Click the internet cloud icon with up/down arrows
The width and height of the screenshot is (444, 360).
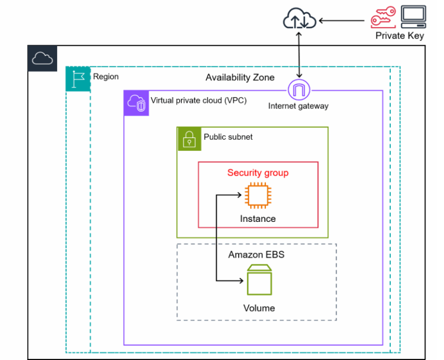[299, 18]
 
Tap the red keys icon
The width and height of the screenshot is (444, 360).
[383, 17]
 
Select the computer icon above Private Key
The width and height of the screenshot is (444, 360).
[413, 17]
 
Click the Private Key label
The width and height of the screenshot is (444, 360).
[399, 36]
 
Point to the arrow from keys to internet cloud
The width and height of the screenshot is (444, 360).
[342, 21]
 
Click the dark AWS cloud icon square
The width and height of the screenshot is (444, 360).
[42, 58]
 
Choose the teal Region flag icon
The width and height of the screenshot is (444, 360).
[78, 79]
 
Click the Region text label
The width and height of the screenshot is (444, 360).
[106, 77]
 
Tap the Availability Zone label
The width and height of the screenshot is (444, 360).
[240, 77]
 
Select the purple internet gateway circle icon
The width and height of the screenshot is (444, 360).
[299, 90]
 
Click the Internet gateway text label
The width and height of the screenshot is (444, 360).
[298, 106]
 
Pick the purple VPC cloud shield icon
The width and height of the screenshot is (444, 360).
[136, 103]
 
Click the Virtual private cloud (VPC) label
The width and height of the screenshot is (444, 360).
[198, 101]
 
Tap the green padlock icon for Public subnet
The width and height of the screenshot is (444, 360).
[189, 139]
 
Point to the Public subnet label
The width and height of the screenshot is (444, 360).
[228, 137]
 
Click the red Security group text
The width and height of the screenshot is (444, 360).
[258, 173]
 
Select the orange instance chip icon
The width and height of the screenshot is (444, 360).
[258, 195]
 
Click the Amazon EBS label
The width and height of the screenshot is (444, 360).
[256, 255]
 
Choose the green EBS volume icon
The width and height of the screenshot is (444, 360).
[260, 280]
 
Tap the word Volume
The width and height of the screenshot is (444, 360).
[259, 308]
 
